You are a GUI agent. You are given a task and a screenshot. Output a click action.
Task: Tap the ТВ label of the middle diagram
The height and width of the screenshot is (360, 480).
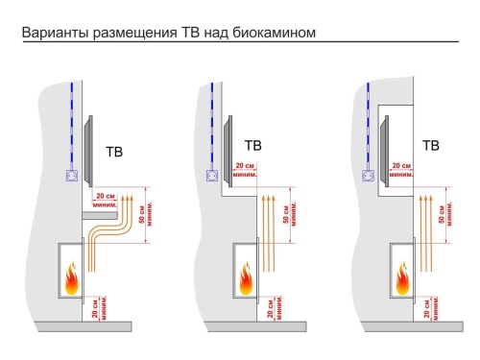coord(253,146)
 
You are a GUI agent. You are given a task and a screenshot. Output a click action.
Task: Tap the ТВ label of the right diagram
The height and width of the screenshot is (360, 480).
coord(431,146)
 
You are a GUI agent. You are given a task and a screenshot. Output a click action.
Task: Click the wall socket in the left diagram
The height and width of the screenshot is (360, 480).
coord(70,176)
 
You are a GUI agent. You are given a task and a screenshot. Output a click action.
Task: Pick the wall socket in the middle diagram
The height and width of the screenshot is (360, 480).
coord(212,175)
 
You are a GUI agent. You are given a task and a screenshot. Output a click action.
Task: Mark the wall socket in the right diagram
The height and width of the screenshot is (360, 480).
coord(369,175)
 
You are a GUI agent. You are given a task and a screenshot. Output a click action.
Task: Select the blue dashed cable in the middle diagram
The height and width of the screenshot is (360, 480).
coord(212,125)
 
